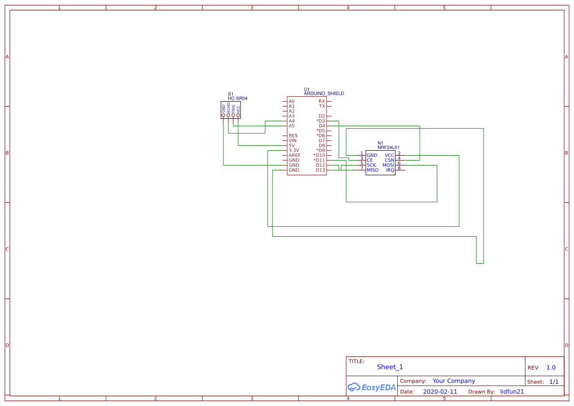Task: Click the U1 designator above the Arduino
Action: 307,89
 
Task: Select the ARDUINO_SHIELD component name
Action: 324,93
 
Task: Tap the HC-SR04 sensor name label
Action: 238,98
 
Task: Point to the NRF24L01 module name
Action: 388,147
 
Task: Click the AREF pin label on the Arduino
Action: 295,155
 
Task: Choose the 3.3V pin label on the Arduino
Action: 294,150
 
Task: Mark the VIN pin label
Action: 293,140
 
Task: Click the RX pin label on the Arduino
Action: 322,101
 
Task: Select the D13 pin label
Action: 320,170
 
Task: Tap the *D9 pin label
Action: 320,150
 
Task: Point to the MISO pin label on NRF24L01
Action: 373,170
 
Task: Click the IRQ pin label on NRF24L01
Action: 390,170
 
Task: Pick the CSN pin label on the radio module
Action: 389,160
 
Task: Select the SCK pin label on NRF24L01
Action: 371,165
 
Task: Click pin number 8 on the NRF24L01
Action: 399,168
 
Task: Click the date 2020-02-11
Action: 440,392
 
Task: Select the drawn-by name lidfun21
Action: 512,392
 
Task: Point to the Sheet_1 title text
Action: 390,367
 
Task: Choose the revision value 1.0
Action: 551,367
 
